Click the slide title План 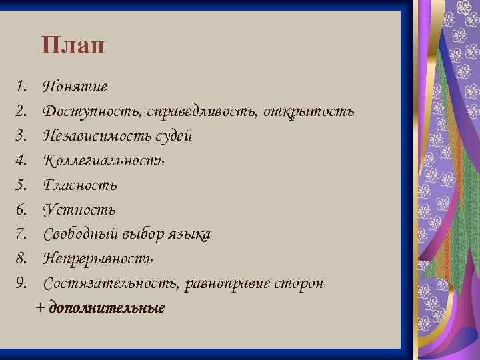point(73,46)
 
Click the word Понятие point(75,87)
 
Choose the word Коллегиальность point(103,161)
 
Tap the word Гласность point(80,185)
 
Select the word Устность point(79,210)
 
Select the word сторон point(300,283)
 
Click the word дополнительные point(107,309)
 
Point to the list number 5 point(21,185)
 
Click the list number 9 point(21,283)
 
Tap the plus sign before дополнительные point(41,309)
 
